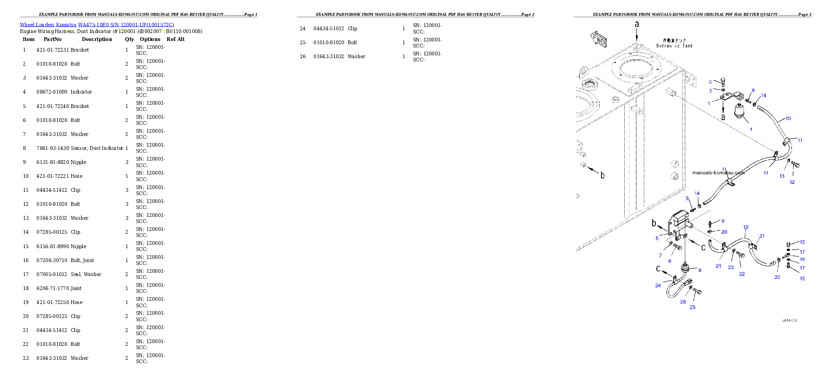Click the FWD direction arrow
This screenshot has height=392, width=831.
(598, 39)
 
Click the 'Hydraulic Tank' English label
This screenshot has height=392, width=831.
(675, 46)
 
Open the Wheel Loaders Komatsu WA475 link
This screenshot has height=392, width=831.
(97, 25)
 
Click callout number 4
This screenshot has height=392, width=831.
(751, 129)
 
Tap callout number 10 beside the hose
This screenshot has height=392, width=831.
(788, 119)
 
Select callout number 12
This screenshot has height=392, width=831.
(792, 182)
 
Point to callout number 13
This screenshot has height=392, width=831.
(782, 176)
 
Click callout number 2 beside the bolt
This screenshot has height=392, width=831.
(710, 81)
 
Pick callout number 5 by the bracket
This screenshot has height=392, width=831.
(657, 238)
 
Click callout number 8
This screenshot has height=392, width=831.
(699, 270)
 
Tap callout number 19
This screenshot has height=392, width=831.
(746, 227)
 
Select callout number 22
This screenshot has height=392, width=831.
(742, 274)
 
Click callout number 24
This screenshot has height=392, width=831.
(658, 285)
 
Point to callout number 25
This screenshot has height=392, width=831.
(693, 307)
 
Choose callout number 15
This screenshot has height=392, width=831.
(802, 242)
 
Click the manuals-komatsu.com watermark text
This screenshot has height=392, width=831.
(718, 173)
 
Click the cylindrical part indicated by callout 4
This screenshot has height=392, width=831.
(739, 112)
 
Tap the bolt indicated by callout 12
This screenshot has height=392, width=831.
(795, 165)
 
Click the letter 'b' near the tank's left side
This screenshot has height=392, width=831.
(602, 176)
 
